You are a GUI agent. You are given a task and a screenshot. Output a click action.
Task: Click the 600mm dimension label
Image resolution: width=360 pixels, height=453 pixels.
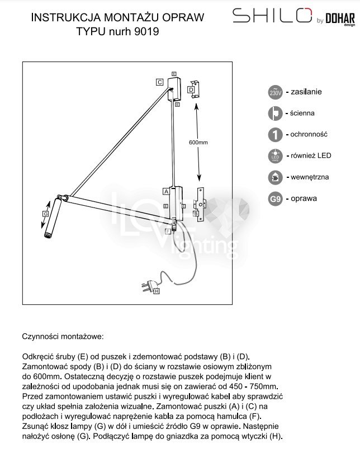point(198,143)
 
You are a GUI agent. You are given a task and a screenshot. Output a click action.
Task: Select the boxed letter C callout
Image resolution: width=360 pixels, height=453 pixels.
point(160,82)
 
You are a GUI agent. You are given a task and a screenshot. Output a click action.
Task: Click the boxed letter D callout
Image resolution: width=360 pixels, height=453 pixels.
point(191,89)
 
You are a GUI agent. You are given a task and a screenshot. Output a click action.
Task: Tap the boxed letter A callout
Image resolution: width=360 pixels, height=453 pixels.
point(166,191)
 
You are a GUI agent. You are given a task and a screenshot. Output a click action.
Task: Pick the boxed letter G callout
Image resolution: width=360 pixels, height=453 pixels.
point(46,214)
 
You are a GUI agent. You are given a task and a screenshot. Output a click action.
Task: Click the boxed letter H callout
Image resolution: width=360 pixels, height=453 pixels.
point(157,291)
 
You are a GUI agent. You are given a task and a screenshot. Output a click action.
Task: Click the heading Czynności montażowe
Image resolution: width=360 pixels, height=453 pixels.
point(63,337)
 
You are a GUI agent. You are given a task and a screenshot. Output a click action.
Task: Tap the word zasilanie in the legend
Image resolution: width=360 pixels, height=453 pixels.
point(306,91)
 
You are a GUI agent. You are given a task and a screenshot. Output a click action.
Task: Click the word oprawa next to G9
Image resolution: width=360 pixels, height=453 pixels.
point(304,199)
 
